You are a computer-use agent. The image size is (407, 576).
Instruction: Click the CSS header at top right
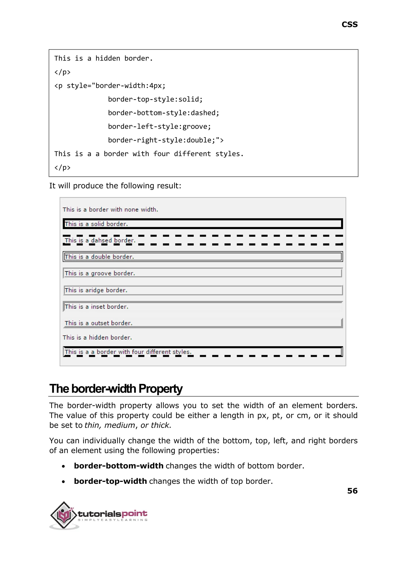349,25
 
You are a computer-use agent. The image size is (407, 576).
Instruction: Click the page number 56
352,490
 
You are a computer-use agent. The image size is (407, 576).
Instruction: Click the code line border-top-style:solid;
155,99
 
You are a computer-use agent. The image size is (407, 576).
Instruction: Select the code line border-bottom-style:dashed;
163,113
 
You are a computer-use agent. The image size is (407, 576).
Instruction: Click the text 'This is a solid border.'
96,224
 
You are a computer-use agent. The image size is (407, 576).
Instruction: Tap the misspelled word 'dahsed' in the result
101,240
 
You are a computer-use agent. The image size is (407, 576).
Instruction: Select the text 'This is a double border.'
99,257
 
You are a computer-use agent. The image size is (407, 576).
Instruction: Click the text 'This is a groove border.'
100,273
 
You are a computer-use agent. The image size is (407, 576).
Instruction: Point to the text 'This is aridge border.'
96,290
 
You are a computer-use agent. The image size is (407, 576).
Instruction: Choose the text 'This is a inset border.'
97,307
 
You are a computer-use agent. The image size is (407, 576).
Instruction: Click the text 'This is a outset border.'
99,323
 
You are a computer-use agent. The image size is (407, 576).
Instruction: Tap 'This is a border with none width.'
110,210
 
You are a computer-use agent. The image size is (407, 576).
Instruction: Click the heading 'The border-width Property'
116,389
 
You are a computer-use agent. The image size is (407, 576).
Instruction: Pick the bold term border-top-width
110,481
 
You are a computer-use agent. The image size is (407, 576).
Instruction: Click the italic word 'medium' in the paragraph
120,425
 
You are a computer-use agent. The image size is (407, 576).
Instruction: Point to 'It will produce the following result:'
115,186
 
